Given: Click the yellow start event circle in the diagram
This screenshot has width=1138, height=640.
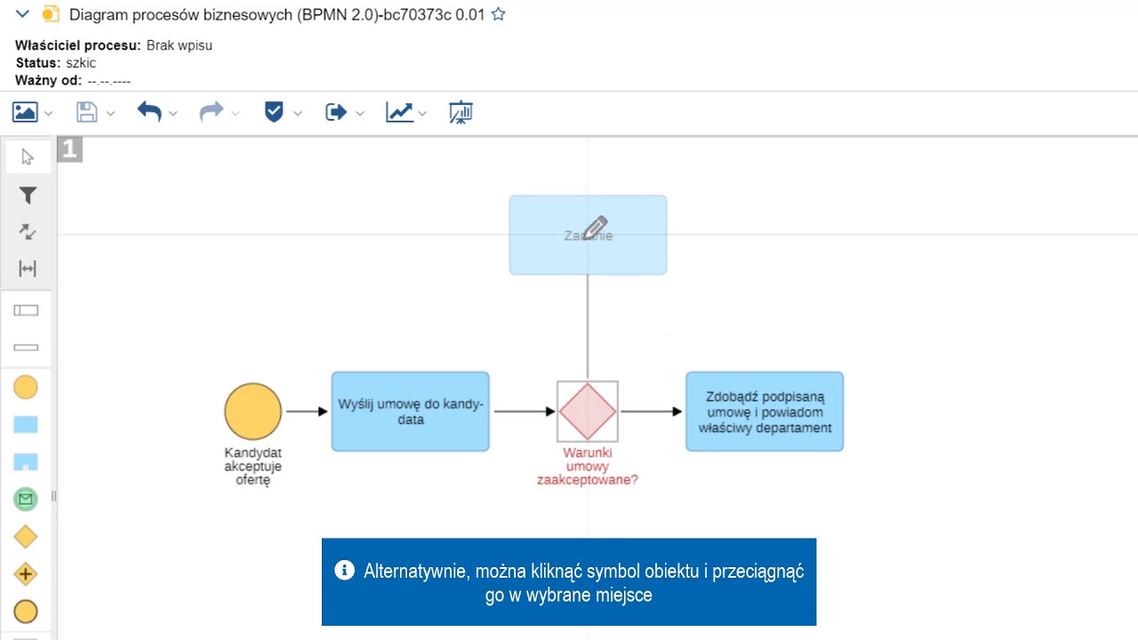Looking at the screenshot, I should [x=252, y=412].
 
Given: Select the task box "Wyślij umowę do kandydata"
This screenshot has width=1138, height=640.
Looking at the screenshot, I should [x=410, y=412].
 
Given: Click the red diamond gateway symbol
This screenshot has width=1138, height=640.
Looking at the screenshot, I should [x=587, y=412].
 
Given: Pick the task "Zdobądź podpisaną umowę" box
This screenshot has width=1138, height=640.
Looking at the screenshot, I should [x=764, y=412].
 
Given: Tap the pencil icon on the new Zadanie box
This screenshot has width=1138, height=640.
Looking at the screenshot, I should [x=595, y=228].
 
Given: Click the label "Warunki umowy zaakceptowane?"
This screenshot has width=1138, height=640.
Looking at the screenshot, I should [x=587, y=466].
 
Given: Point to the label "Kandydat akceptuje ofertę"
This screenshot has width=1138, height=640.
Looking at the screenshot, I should [x=252, y=466].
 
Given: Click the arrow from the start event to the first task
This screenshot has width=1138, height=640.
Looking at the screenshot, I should [x=307, y=412].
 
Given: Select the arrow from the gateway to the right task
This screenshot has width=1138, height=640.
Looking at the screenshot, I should [x=651, y=412].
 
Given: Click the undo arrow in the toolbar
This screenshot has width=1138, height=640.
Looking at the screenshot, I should [x=149, y=112].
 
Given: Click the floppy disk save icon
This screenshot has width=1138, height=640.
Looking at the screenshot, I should [x=86, y=112].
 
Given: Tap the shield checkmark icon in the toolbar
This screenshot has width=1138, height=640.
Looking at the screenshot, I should [x=274, y=112].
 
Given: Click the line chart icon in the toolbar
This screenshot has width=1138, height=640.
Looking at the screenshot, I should [x=398, y=112].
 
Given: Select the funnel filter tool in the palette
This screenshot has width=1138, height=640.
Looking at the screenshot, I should [x=28, y=196].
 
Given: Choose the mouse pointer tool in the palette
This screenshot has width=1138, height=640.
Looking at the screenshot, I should [x=28, y=157].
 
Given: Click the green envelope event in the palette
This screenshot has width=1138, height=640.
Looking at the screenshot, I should [x=26, y=500].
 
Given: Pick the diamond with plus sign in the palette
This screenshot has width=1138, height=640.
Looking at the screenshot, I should [x=26, y=574].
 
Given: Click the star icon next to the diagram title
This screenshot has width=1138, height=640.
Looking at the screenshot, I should [x=499, y=14].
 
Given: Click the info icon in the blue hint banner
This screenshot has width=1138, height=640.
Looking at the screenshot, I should [x=344, y=570].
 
